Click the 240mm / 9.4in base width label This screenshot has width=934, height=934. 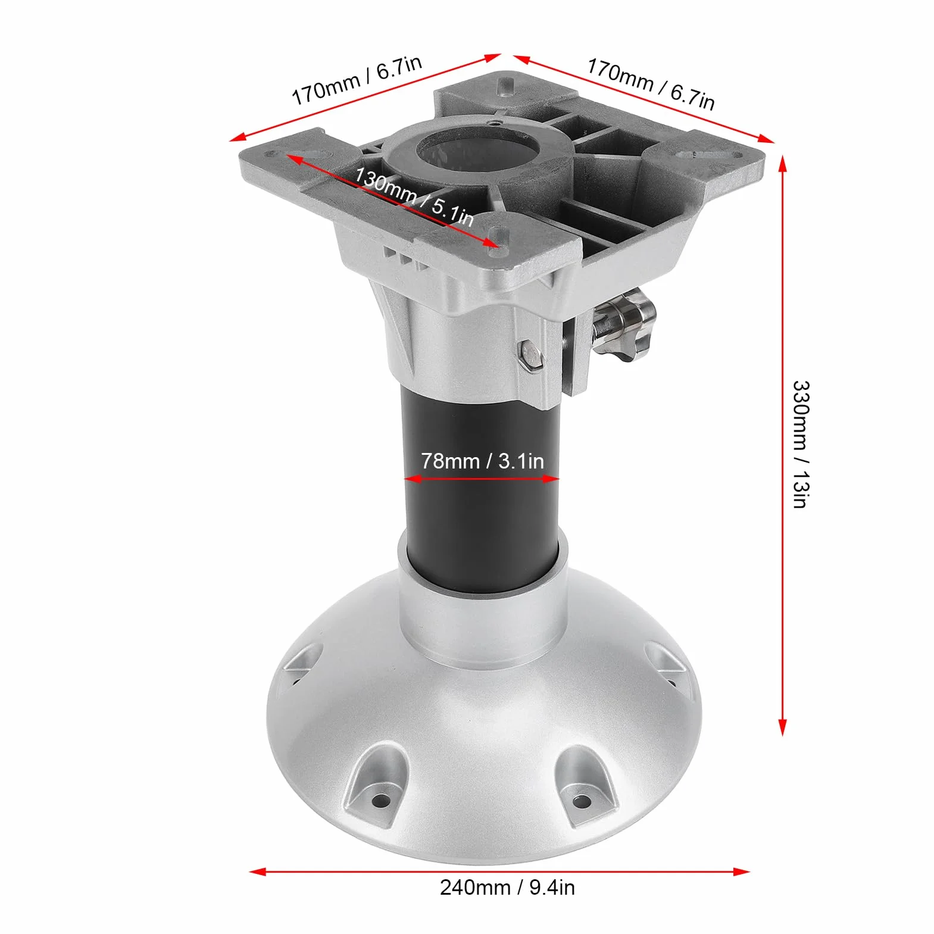point(507,888)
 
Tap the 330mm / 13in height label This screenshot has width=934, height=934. point(801,444)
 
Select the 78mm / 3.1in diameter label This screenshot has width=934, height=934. point(482,461)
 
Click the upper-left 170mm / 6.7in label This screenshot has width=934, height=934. point(357,80)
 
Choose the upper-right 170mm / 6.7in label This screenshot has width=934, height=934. point(651,84)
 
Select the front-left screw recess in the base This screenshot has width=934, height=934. point(378,785)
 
